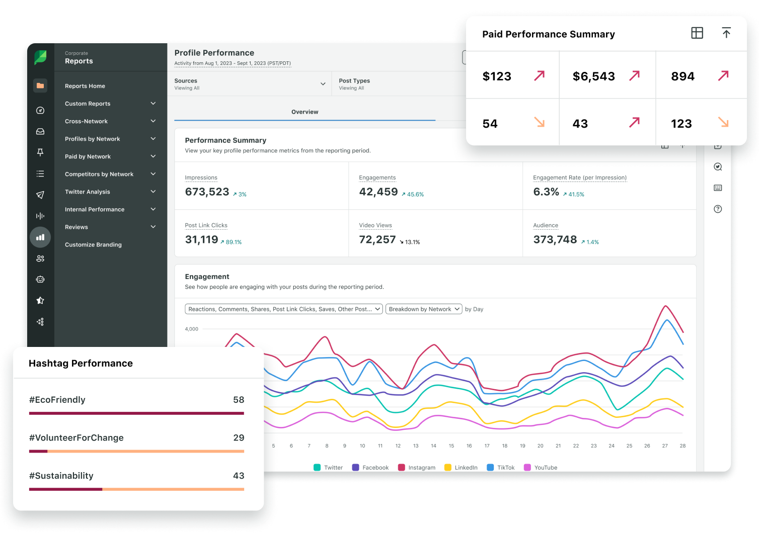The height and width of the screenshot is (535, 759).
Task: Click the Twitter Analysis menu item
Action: coord(87,192)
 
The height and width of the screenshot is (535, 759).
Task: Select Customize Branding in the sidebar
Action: coord(93,244)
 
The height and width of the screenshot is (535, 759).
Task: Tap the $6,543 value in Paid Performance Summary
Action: coord(594,76)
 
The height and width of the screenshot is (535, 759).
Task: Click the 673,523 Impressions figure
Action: coord(207,192)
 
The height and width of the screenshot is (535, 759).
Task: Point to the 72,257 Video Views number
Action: coord(377,239)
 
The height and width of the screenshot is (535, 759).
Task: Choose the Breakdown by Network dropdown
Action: coord(424,309)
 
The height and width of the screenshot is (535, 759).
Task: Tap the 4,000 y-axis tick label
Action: coord(192,329)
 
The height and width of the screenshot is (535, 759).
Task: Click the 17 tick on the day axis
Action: coord(487,445)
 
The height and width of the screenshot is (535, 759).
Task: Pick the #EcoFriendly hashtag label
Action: coord(57,400)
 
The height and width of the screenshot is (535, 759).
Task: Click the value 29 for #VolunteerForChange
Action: coord(239,437)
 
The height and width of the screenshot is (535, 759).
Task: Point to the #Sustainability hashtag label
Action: coord(61,476)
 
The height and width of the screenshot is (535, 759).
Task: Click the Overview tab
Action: coord(305,112)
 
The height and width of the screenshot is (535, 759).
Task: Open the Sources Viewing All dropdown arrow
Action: coord(323,84)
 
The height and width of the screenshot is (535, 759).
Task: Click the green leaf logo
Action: coord(40,57)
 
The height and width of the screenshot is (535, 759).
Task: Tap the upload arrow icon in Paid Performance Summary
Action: coord(726,33)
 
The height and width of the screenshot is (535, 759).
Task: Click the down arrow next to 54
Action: coord(540,122)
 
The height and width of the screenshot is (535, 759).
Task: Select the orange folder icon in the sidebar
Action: coord(40,85)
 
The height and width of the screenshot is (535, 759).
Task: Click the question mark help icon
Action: coord(718,209)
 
